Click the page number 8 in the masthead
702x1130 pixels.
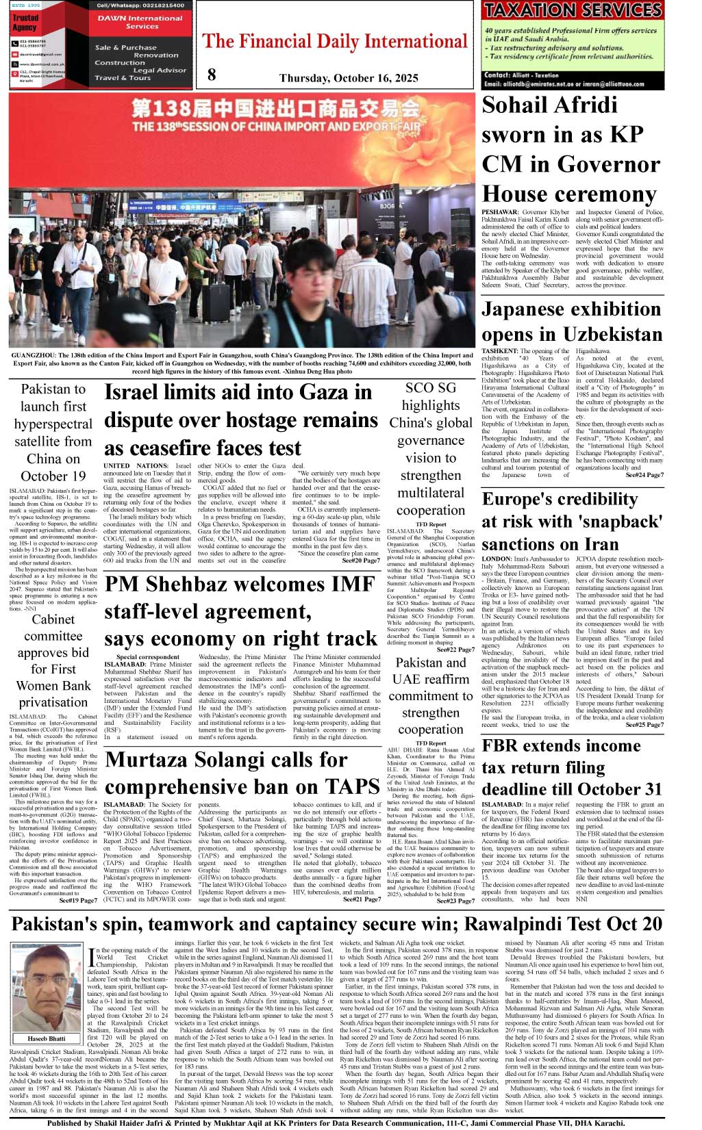click(212, 75)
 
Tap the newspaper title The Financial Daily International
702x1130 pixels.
click(335, 42)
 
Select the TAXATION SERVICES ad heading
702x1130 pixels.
click(572, 10)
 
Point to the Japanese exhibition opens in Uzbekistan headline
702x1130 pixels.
click(572, 322)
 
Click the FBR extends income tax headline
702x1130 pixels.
click(572, 767)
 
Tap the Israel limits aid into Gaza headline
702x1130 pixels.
click(240, 420)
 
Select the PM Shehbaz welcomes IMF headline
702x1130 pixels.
click(240, 611)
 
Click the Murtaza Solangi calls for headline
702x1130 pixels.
click(242, 773)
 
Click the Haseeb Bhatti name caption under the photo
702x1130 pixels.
click(47, 1039)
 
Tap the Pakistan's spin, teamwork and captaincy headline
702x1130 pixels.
click(336, 924)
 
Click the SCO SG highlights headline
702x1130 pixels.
click(430, 449)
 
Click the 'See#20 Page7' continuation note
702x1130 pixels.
click(360, 561)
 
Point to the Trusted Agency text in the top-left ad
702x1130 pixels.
click(25, 23)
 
